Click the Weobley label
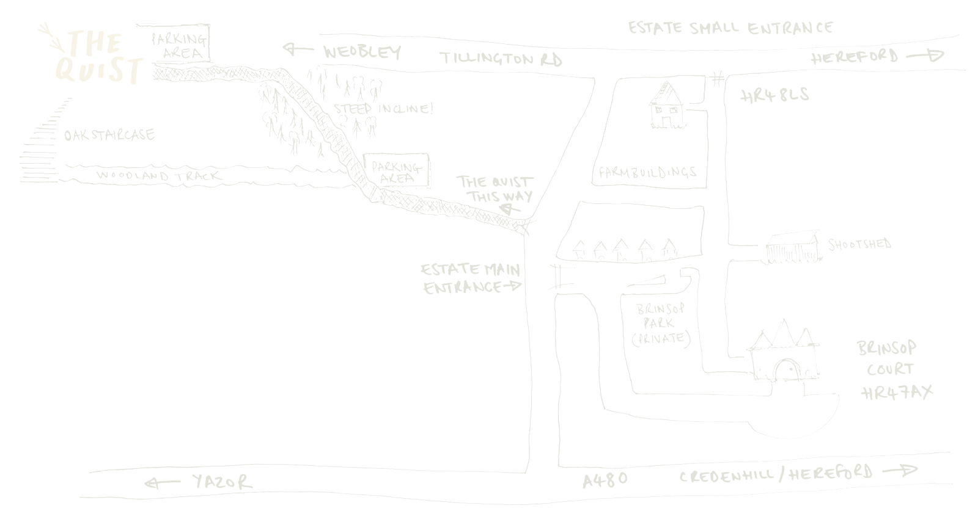pos(362,53)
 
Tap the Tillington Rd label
pos(501,59)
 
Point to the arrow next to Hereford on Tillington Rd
pos(925,57)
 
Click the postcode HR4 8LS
pos(774,95)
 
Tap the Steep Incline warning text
pos(384,110)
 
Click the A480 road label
pos(605,479)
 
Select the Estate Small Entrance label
pos(730,28)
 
